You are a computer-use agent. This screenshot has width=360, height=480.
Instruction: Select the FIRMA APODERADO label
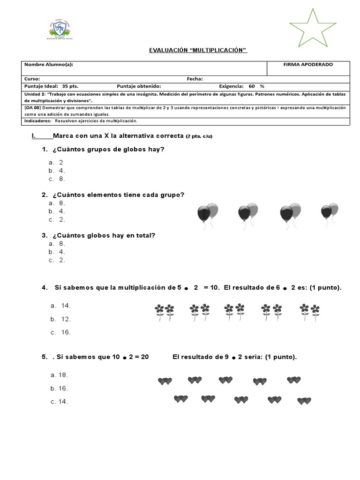tap(308, 65)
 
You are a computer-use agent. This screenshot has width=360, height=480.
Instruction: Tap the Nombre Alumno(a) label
tap(49, 65)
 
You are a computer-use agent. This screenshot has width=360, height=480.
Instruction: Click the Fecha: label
tap(195, 79)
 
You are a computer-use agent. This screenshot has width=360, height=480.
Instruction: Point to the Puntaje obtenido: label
tap(139, 86)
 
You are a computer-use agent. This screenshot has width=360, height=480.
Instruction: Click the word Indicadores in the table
tap(37, 121)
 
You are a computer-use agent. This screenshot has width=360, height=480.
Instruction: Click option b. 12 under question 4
tap(60, 319)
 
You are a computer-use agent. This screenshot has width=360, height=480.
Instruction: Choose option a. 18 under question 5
tap(59, 375)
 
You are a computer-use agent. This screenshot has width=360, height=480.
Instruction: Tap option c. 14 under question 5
tap(59, 402)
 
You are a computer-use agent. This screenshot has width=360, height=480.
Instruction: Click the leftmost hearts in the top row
tap(165, 382)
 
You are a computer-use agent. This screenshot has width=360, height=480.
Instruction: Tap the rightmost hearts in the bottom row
tap(304, 401)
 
